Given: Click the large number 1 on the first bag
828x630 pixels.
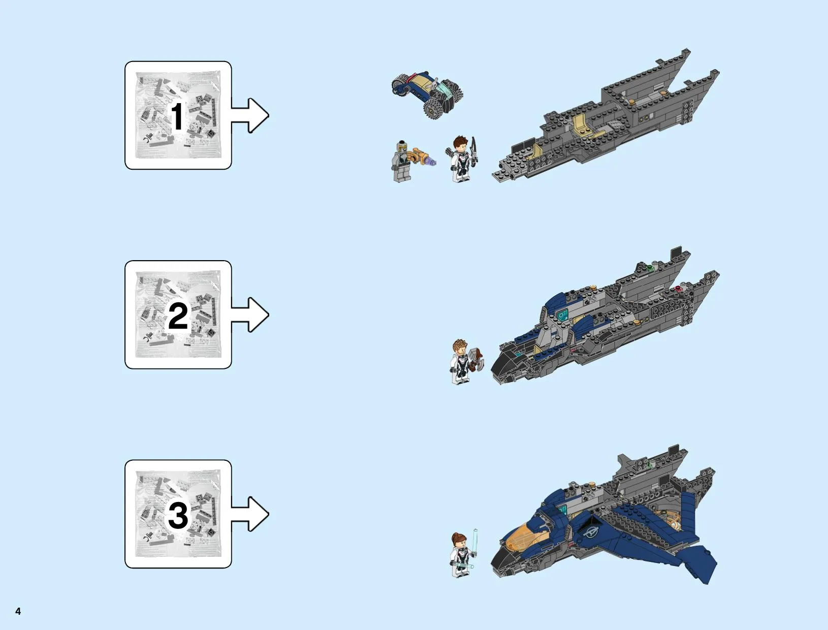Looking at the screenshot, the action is [178, 117].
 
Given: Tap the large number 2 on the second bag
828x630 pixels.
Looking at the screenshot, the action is [178, 316].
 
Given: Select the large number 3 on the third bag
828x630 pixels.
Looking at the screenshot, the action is [178, 515].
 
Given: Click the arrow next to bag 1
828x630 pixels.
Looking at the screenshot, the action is [250, 115].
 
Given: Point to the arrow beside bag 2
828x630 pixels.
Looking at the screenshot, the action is [250, 314].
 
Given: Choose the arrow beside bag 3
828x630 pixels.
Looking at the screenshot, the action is [250, 514].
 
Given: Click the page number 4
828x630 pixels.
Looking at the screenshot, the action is [18, 611].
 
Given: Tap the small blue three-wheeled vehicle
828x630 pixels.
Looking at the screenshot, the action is [427, 94].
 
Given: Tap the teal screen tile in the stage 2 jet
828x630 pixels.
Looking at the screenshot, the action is [562, 315].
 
